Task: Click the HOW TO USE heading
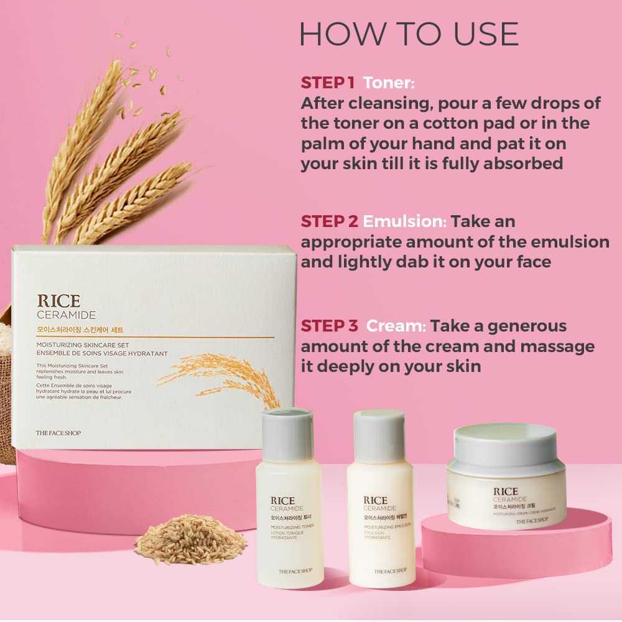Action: click(409, 34)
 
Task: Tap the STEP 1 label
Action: click(328, 83)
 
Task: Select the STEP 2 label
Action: click(330, 221)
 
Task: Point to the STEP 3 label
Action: click(330, 326)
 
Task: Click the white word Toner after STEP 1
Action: click(389, 83)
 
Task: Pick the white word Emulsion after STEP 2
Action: click(405, 221)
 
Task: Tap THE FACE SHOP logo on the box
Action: click(59, 433)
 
